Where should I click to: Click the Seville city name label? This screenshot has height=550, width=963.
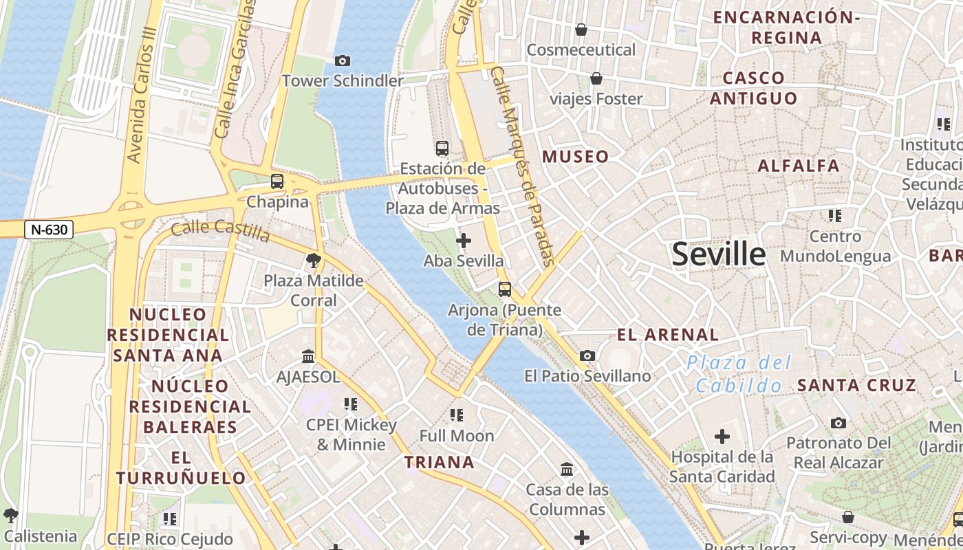pyautogui.click(x=718, y=254)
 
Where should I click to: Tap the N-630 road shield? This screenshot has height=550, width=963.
pyautogui.click(x=49, y=230)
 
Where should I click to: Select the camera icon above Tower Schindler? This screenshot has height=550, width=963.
pyautogui.click(x=342, y=61)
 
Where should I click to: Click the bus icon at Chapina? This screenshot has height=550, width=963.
pyautogui.click(x=277, y=181)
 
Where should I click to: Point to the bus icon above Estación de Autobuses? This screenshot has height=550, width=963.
pyautogui.click(x=442, y=148)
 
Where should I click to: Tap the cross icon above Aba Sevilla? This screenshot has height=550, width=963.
pyautogui.click(x=464, y=241)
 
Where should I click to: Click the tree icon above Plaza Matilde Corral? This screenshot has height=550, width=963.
pyautogui.click(x=314, y=261)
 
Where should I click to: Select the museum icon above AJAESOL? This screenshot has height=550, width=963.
pyautogui.click(x=308, y=357)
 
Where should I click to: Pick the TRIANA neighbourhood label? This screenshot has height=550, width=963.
pyautogui.click(x=439, y=462)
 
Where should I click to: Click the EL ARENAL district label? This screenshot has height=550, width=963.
pyautogui.click(x=667, y=335)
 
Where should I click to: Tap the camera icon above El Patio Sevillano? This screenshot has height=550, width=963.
pyautogui.click(x=587, y=355)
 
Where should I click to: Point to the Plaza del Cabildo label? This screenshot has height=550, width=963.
pyautogui.click(x=739, y=374)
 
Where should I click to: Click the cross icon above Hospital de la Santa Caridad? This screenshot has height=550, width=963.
pyautogui.click(x=722, y=437)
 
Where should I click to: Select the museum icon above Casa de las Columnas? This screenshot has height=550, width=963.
pyautogui.click(x=567, y=470)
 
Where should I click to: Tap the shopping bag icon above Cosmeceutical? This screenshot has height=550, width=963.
pyautogui.click(x=581, y=30)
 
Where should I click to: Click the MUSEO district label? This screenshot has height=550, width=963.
pyautogui.click(x=575, y=157)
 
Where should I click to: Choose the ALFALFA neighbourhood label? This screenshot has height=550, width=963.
pyautogui.click(x=799, y=166)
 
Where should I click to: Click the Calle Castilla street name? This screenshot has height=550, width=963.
pyautogui.click(x=220, y=230)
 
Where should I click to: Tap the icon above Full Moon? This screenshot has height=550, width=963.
pyautogui.click(x=456, y=415)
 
